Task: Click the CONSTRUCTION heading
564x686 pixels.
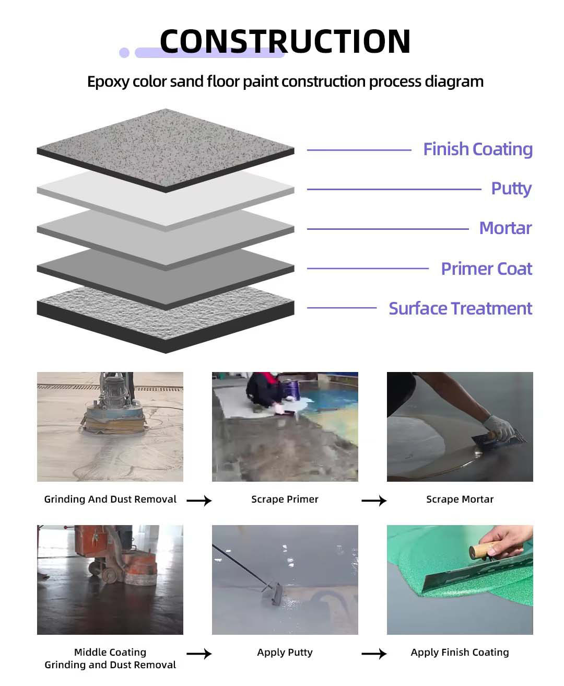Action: [x=285, y=41]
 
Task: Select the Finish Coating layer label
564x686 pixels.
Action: [x=477, y=149]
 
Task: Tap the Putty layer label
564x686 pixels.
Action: [x=511, y=189]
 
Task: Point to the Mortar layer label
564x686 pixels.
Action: [x=505, y=228]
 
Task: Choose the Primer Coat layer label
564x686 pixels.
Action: [x=486, y=269]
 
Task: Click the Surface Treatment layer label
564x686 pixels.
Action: [x=460, y=308]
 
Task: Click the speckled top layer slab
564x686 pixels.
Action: [x=166, y=146]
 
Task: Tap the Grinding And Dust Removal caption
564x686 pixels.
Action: [x=110, y=499]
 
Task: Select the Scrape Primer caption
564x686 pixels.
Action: [x=285, y=499]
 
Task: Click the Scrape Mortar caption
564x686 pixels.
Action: [x=460, y=499]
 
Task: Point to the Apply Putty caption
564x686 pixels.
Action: [x=285, y=653]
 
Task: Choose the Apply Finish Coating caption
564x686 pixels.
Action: [x=460, y=653]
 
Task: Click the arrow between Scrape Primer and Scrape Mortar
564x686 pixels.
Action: [x=374, y=501]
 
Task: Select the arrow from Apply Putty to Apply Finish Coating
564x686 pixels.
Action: [x=374, y=654]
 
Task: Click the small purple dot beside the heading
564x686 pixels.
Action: [x=124, y=52]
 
